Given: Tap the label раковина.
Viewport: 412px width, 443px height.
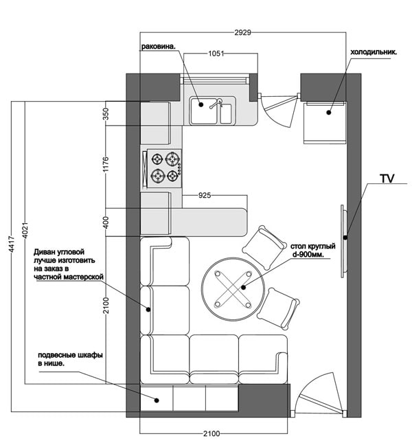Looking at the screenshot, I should coord(159,47).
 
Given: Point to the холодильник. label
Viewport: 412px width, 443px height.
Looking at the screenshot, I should coord(375,52).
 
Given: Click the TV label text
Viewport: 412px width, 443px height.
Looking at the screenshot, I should coord(387,179).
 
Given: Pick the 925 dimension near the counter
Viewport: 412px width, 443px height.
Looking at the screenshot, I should coord(204,196).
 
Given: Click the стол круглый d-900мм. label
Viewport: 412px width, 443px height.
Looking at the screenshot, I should coord(313,250).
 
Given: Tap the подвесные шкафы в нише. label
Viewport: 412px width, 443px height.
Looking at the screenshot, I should coord(71,359).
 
